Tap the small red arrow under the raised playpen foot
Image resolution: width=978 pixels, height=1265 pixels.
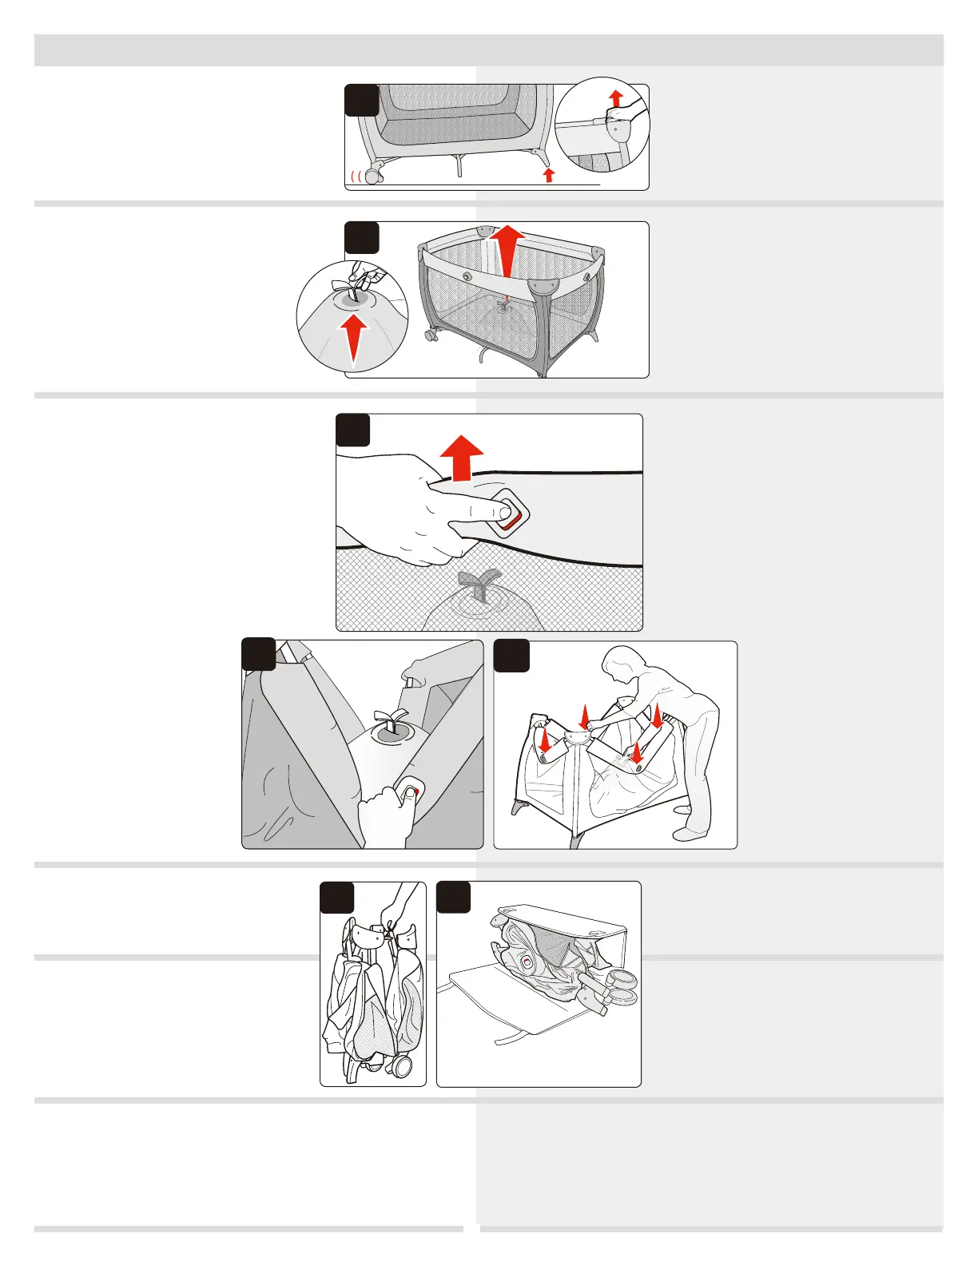[x=548, y=175]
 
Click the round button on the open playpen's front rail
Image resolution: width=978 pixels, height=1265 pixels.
[x=466, y=277]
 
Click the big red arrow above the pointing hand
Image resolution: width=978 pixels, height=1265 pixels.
[x=461, y=458]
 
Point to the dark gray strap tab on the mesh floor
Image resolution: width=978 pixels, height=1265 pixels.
[x=481, y=584]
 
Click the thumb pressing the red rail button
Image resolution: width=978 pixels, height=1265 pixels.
[x=407, y=793]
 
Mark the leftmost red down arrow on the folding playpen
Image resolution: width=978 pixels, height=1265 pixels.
[x=545, y=740]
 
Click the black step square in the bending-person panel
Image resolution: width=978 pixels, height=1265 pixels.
[x=511, y=656]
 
